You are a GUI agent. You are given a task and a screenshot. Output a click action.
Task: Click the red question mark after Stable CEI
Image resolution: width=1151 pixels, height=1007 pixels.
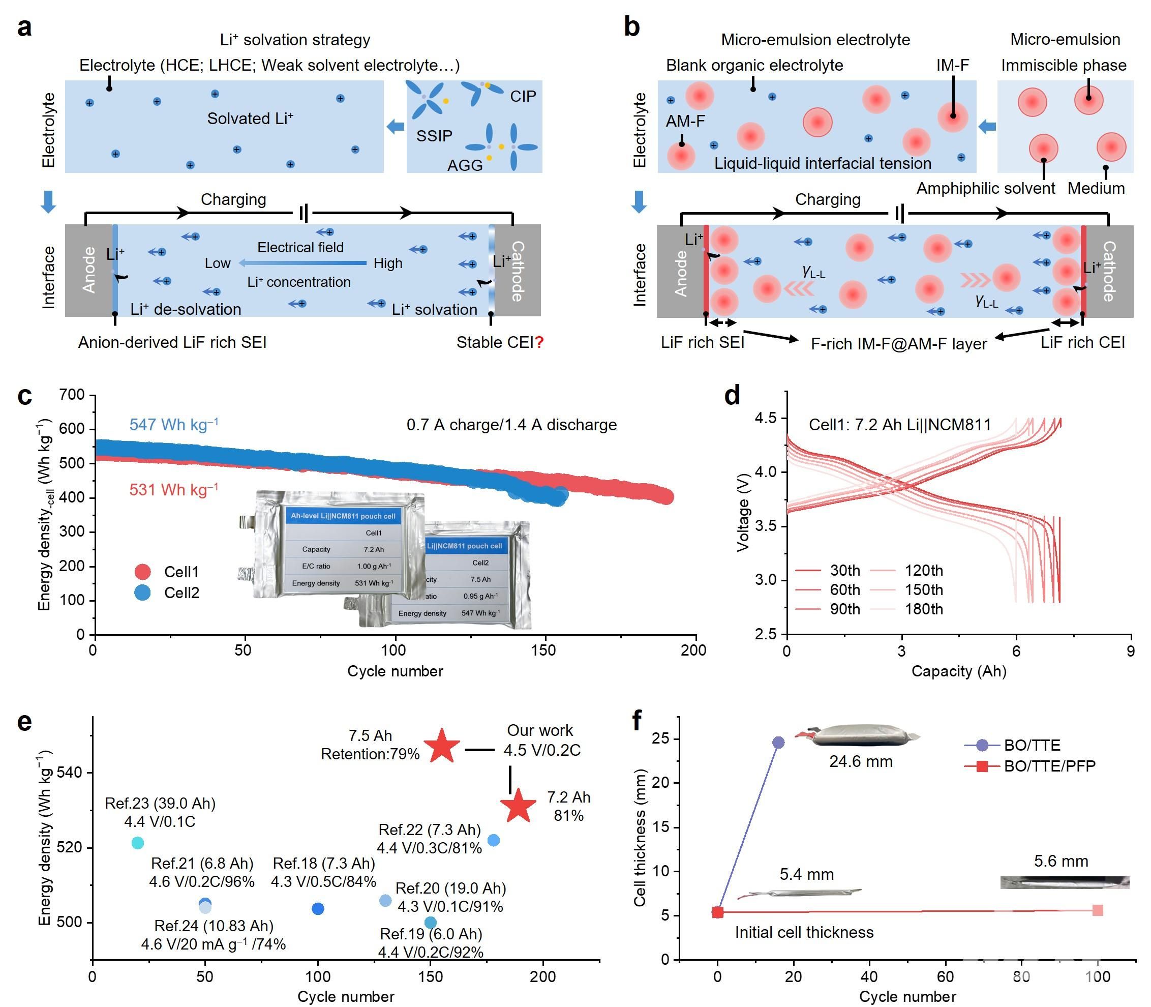[x=539, y=342]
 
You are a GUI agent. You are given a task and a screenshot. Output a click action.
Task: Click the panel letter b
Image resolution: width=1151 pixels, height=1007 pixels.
[x=632, y=27]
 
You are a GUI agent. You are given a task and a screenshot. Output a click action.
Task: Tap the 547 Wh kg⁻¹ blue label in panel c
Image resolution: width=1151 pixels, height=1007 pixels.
[x=173, y=424]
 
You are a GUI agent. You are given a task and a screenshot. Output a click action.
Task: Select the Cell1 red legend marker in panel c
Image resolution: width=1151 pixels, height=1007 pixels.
[x=143, y=572]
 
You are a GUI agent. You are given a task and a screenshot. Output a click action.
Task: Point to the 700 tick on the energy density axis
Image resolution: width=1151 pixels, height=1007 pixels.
[x=72, y=395]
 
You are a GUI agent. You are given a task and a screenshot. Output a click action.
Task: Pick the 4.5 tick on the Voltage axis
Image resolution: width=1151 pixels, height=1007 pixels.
[x=765, y=418]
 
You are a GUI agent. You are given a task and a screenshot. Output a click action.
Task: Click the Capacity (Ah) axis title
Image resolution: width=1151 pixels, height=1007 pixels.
[x=958, y=671]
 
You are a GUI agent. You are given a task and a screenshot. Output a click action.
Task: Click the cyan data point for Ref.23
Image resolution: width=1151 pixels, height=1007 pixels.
[x=138, y=843]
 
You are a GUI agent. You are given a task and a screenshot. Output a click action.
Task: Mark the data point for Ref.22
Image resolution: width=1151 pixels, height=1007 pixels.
[x=493, y=841]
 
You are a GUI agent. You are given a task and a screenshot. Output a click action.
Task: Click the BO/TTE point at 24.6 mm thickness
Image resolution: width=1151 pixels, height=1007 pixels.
[x=778, y=743]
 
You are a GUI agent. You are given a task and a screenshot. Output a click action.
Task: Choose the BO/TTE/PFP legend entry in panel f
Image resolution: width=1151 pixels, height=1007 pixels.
[x=1049, y=766]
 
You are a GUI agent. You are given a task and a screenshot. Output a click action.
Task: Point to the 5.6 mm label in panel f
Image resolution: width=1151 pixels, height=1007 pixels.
[x=1061, y=861]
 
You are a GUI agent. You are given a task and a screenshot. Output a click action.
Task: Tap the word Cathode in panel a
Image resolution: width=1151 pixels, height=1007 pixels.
[x=518, y=271]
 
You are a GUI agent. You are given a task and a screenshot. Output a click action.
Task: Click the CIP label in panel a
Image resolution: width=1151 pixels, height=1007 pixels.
[x=523, y=96]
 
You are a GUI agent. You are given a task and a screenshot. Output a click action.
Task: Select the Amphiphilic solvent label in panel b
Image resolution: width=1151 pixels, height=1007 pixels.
[x=985, y=188]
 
